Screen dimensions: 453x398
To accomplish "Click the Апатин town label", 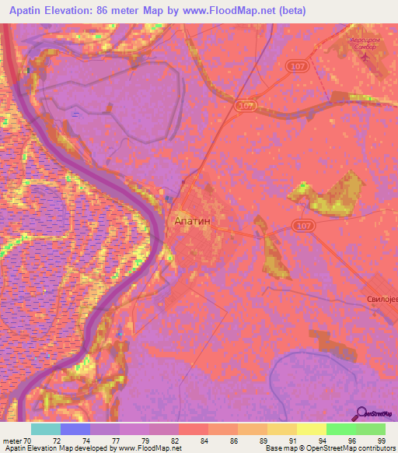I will pyautogui.click(x=190, y=220).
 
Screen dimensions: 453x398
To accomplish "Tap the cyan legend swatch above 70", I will pyautogui.click(x=45, y=429).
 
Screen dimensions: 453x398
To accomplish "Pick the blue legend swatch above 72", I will pyautogui.click(x=75, y=429).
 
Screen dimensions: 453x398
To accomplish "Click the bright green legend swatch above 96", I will pyautogui.click(x=340, y=429).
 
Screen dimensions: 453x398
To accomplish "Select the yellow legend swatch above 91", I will pyautogui.click(x=281, y=429).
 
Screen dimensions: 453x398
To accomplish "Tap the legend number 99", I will pyautogui.click(x=382, y=441).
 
